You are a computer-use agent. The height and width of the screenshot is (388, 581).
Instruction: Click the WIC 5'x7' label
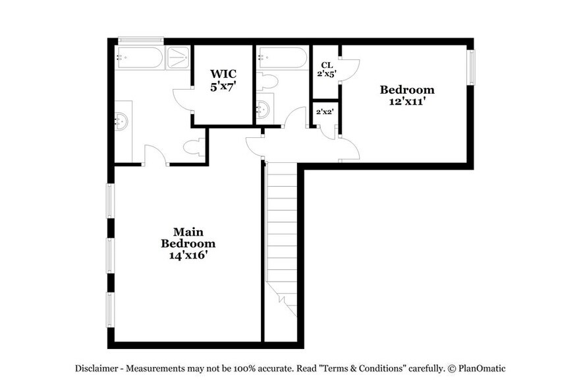tap(223, 80)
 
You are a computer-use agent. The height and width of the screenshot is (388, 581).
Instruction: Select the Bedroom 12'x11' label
tap(408, 95)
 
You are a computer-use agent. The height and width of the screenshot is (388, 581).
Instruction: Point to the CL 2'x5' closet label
tap(326, 69)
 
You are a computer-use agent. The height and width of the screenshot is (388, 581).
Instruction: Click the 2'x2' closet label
tap(325, 112)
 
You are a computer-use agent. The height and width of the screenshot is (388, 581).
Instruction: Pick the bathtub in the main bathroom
tap(139, 58)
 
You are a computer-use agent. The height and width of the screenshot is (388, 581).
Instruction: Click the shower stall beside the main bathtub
tap(178, 58)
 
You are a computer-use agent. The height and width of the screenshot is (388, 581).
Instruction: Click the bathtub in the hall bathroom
tap(282, 58)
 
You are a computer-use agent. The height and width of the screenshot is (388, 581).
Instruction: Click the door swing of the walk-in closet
tap(182, 102)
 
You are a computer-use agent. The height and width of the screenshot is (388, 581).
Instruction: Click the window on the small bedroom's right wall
tap(470, 67)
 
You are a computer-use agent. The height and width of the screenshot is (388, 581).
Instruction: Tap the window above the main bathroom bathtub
tap(140, 40)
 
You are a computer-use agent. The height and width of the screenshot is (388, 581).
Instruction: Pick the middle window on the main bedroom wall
tap(110, 255)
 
